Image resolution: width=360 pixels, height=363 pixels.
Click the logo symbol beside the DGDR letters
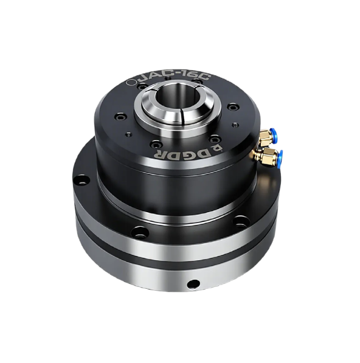(x=216, y=147)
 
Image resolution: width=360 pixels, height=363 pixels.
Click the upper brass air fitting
(x=265, y=137)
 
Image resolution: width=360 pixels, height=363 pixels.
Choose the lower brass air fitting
(x=266, y=156)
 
